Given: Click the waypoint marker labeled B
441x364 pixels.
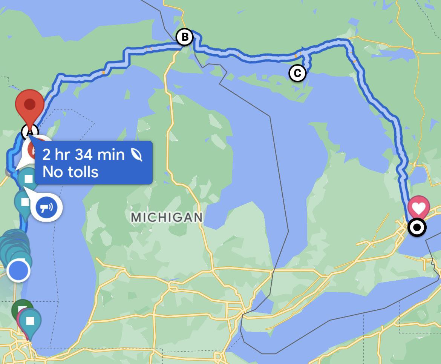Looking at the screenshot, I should click(x=185, y=37).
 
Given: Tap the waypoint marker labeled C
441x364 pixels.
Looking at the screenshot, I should click(x=297, y=73).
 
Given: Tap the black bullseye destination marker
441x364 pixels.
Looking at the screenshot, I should click(x=417, y=227).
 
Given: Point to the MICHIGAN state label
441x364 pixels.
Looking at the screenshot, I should click(x=167, y=217).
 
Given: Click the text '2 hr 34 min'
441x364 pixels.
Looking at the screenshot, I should click(x=83, y=155).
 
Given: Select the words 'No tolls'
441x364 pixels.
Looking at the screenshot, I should click(x=70, y=172).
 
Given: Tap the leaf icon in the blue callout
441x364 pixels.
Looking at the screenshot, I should click(x=136, y=155).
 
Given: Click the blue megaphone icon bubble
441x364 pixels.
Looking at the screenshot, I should click(x=47, y=207).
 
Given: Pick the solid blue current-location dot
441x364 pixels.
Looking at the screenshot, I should click(x=18, y=270).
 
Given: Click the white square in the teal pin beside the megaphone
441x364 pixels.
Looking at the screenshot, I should click(x=25, y=202).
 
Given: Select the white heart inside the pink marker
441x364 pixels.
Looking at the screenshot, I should click(x=419, y=207).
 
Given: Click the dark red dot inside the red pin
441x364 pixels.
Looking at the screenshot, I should click(x=29, y=104).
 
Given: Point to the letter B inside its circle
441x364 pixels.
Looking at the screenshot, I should click(x=185, y=37).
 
